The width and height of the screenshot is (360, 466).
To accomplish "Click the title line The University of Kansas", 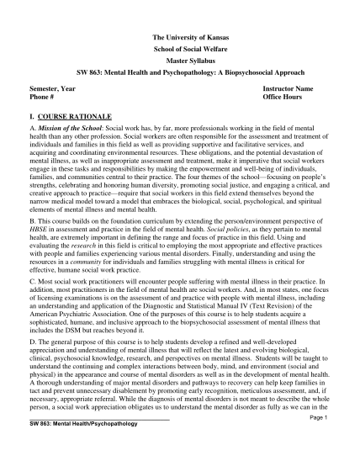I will click(179, 39).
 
